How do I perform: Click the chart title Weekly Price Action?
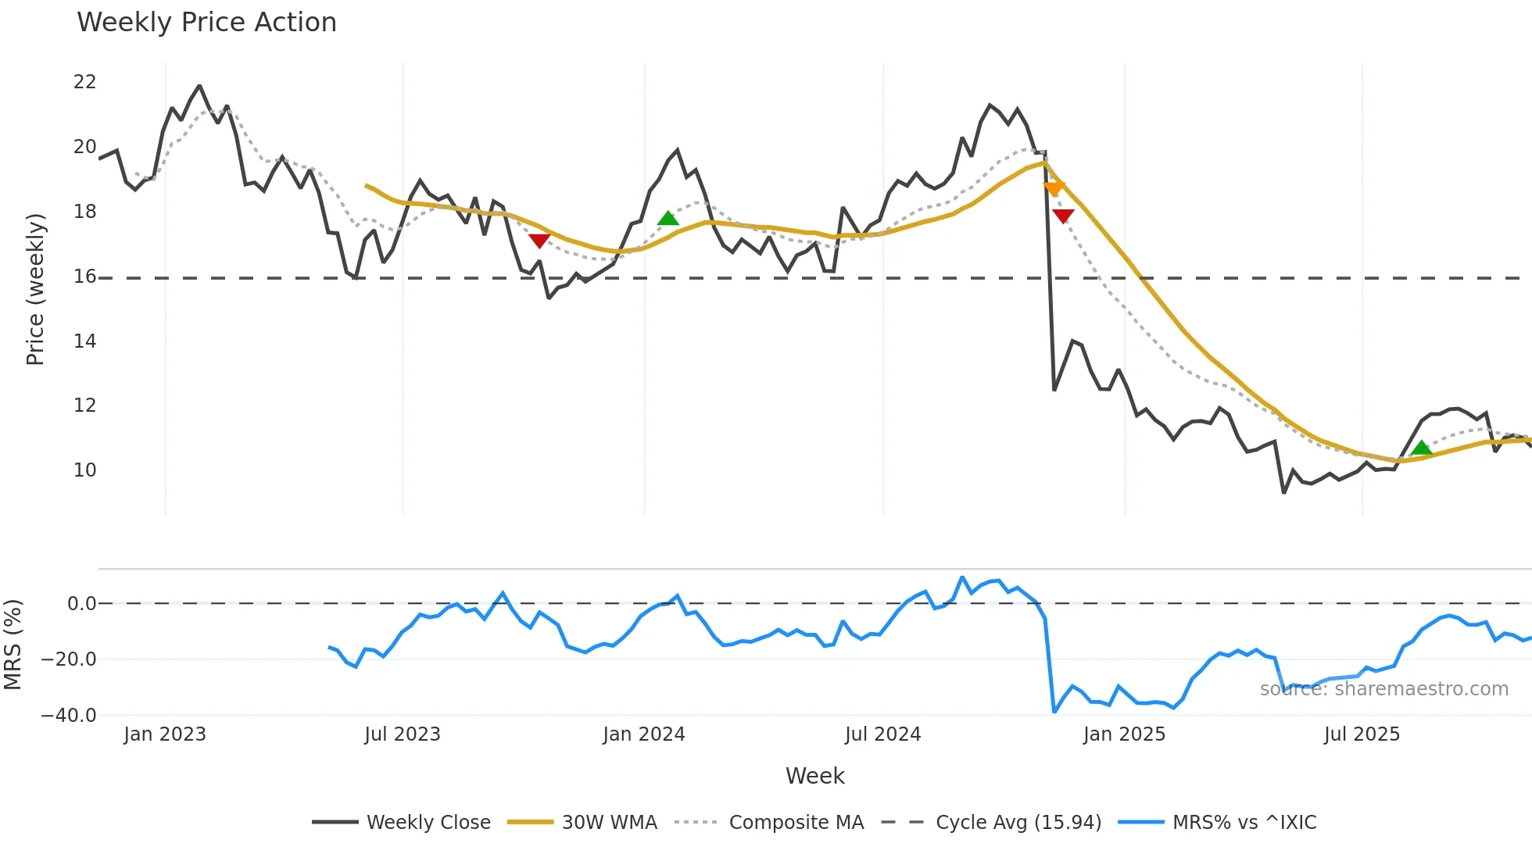point(206,23)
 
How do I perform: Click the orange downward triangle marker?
point(1054,189)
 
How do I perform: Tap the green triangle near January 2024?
point(668,218)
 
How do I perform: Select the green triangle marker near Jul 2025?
point(1421,448)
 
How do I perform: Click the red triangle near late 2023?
point(539,241)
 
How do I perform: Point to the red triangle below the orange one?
point(1063,216)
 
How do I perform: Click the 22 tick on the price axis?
point(84,82)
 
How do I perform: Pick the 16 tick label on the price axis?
point(84,277)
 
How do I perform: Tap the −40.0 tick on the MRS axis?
point(69,716)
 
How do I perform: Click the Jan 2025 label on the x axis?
point(1124,734)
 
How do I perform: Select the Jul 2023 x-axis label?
point(403,734)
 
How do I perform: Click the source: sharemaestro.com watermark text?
point(1383,689)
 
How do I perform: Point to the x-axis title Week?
point(814,776)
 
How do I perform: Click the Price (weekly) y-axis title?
point(35,289)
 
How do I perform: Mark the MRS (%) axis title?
point(13,645)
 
